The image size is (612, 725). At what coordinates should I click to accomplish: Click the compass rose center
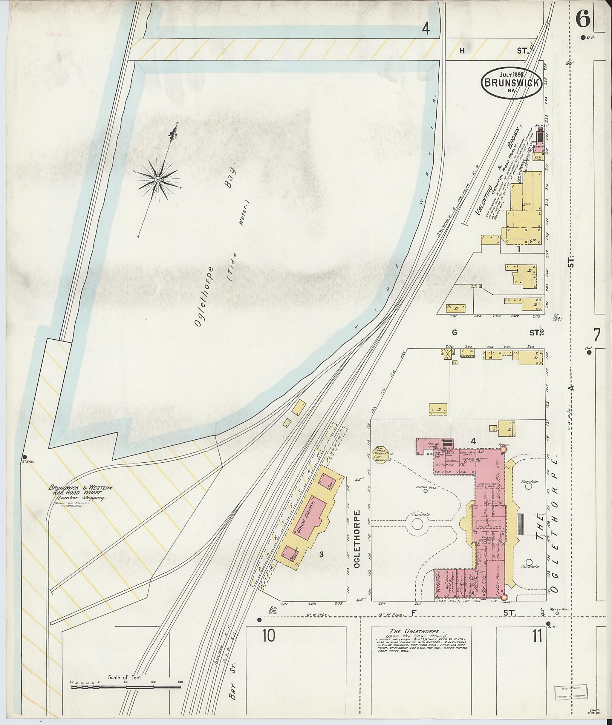pyautogui.click(x=157, y=179)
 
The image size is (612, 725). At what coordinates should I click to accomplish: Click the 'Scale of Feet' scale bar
pyautogui.click(x=127, y=685)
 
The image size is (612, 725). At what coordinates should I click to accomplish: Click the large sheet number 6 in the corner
pyautogui.click(x=583, y=19)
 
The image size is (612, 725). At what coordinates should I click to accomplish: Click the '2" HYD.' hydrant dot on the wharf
pyautogui.click(x=25, y=457)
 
